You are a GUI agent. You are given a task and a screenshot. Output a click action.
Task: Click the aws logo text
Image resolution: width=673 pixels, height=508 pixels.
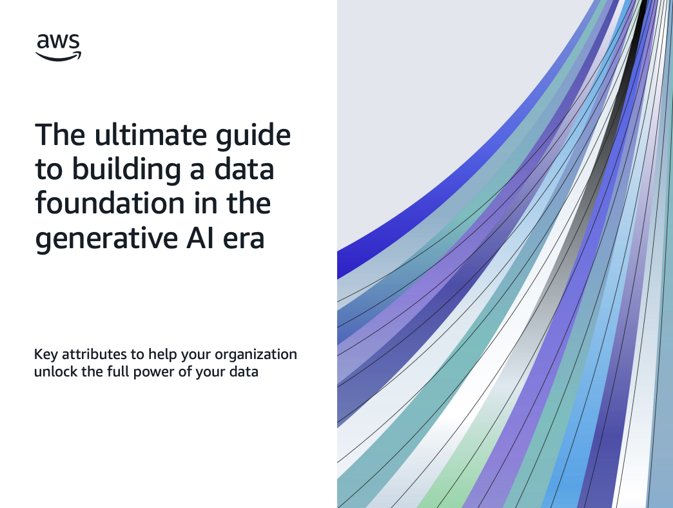tap(58, 42)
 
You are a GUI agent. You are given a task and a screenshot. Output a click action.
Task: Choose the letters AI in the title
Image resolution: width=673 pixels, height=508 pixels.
tap(200, 238)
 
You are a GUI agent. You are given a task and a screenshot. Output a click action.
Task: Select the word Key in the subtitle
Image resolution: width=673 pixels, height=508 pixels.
tap(46, 355)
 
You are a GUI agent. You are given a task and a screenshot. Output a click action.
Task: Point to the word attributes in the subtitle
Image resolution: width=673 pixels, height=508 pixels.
tap(94, 355)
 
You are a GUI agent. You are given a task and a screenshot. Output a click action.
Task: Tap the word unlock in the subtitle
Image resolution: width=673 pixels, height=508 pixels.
tap(55, 371)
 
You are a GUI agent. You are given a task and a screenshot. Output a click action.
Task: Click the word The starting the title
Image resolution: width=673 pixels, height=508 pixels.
tap(60, 135)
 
